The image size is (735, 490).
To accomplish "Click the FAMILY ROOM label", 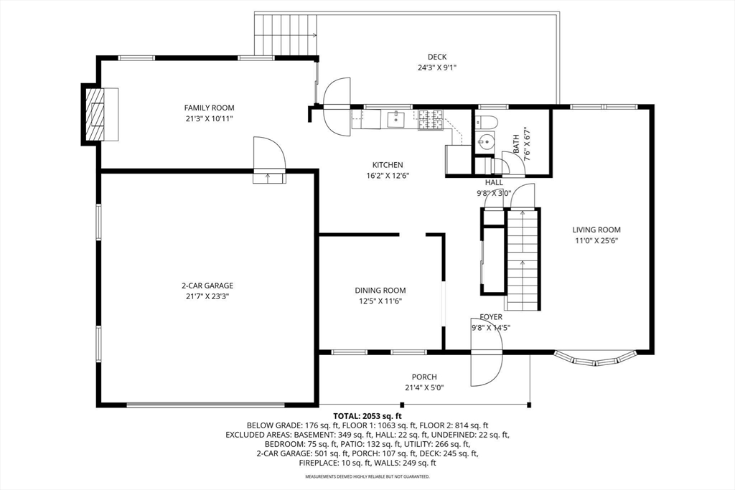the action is pos(209,108).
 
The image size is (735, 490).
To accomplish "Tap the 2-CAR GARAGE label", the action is pos(207,286).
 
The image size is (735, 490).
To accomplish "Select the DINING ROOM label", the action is pos(380,291).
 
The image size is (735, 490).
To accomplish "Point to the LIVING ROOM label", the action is pos(596,230).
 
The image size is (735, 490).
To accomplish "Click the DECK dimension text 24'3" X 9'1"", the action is pos(437,67).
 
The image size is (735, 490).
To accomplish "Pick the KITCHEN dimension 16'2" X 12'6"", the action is pos(388,176).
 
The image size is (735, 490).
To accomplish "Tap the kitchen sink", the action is pos(396,119).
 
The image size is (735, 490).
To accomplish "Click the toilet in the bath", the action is pos(486,121).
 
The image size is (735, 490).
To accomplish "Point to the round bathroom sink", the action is pos(485,141).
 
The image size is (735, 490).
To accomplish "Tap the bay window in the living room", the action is pos(595,359).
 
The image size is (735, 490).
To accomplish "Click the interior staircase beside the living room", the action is pos(523,260).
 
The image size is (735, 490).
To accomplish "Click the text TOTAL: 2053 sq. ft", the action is pos(367,416).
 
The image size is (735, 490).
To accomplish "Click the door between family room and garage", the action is pos(269,160).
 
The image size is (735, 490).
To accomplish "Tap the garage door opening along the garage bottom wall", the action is pos(205,405).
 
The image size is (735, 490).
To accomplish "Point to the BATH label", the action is pos(516,145).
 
